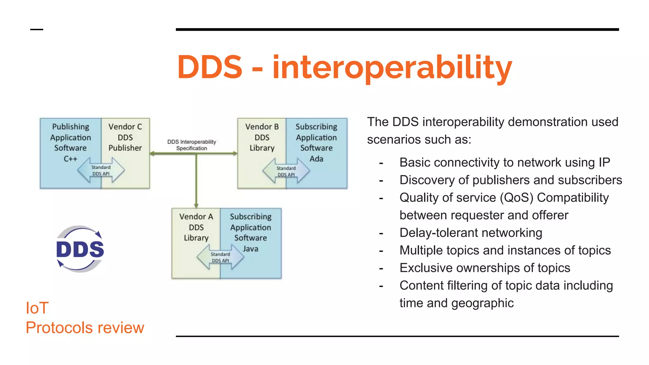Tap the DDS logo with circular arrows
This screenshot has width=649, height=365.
pos(80,249)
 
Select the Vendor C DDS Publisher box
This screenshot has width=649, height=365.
pos(125,138)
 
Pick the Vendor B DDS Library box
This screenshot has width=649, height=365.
pos(262,138)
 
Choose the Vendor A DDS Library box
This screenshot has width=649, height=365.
pos(196,227)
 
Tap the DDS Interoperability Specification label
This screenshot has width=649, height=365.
pos(192,145)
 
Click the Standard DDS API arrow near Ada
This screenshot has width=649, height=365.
pos(286,171)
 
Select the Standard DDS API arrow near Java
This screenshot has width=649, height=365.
pos(220,257)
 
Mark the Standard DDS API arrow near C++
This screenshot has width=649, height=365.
pos(101,170)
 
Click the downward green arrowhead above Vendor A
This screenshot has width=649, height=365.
pos(196,205)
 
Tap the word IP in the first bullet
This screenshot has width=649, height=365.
pos(604,163)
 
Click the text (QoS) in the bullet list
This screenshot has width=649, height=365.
pos(517,198)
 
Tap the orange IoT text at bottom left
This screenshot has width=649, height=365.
pos(37,308)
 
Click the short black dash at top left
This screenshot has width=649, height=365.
pos(36,29)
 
